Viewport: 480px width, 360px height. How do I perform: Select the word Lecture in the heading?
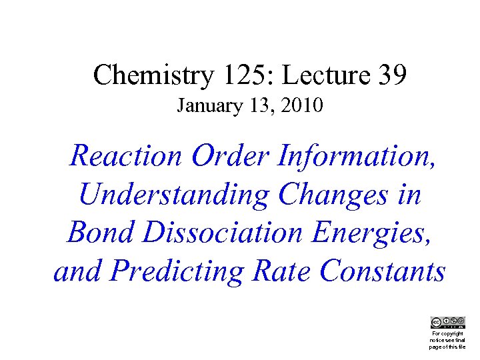coord(320,75)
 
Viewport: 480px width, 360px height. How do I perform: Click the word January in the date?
coord(204,106)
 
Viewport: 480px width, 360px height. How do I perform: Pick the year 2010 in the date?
coord(301,106)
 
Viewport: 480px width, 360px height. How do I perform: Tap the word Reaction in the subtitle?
coord(126,156)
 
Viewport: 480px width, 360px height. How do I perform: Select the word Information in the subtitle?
coord(353,156)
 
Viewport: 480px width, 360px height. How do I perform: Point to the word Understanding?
coord(174,195)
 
